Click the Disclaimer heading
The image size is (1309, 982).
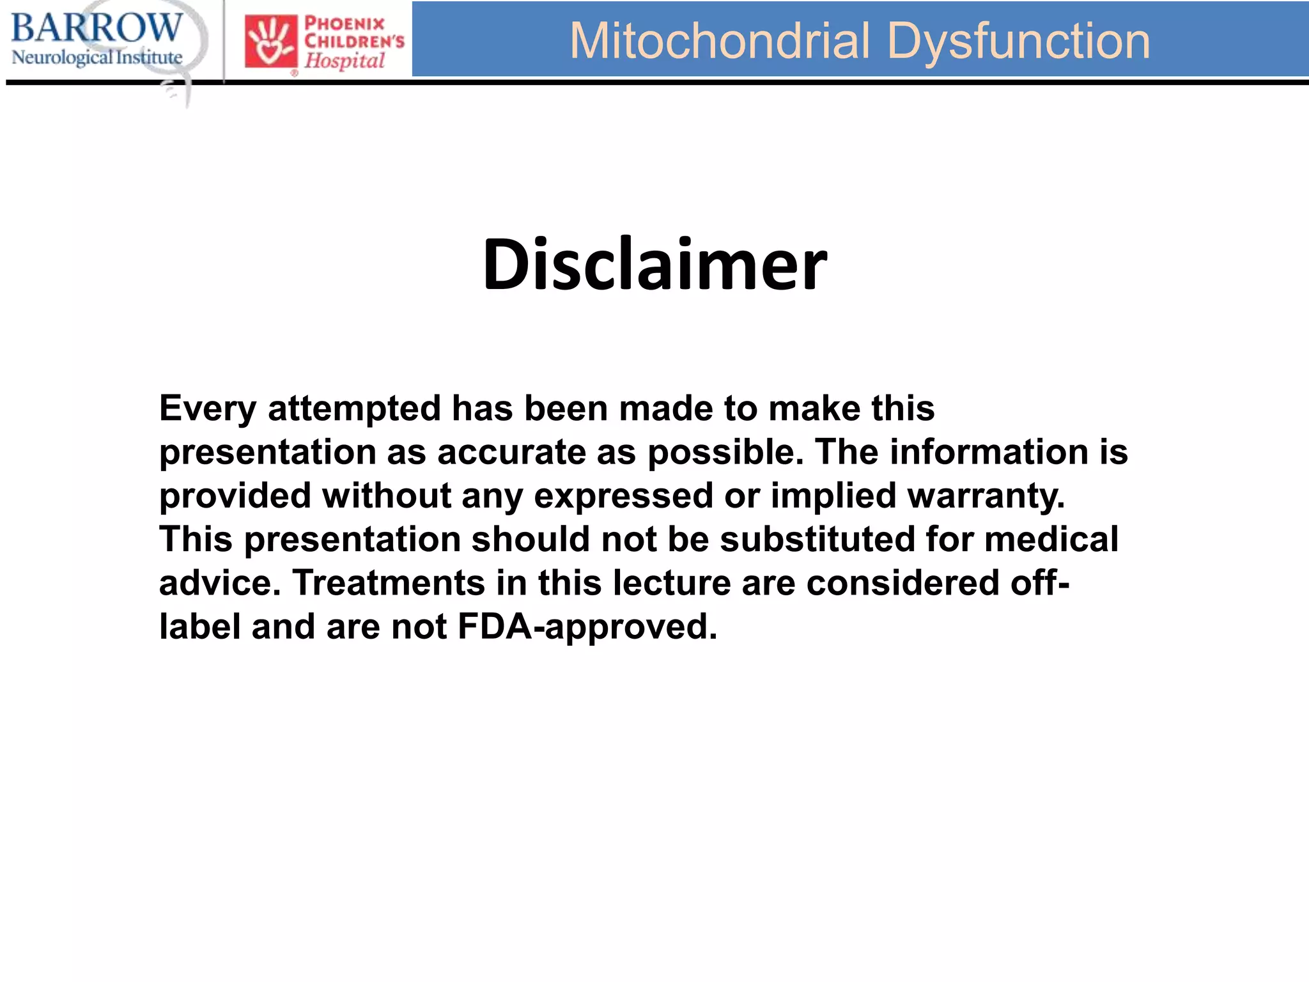pyautogui.click(x=654, y=265)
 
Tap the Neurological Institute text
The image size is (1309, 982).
pyautogui.click(x=97, y=58)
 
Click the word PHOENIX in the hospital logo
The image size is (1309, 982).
pyautogui.click(x=345, y=24)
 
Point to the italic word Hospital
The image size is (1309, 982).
pyautogui.click(x=345, y=61)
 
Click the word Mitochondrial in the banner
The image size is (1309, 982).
pyautogui.click(x=720, y=41)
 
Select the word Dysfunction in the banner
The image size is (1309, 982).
pyautogui.click(x=1019, y=41)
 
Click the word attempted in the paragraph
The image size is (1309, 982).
pyautogui.click(x=355, y=408)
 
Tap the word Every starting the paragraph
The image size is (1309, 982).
pyautogui.click(x=208, y=408)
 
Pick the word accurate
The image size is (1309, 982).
pyautogui.click(x=511, y=452)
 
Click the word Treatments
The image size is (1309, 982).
pyautogui.click(x=389, y=582)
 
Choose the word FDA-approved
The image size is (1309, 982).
pyautogui.click(x=587, y=627)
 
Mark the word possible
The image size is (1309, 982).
pyautogui.click(x=725, y=452)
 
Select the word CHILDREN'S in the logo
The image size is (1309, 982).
pyautogui.click(x=354, y=42)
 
